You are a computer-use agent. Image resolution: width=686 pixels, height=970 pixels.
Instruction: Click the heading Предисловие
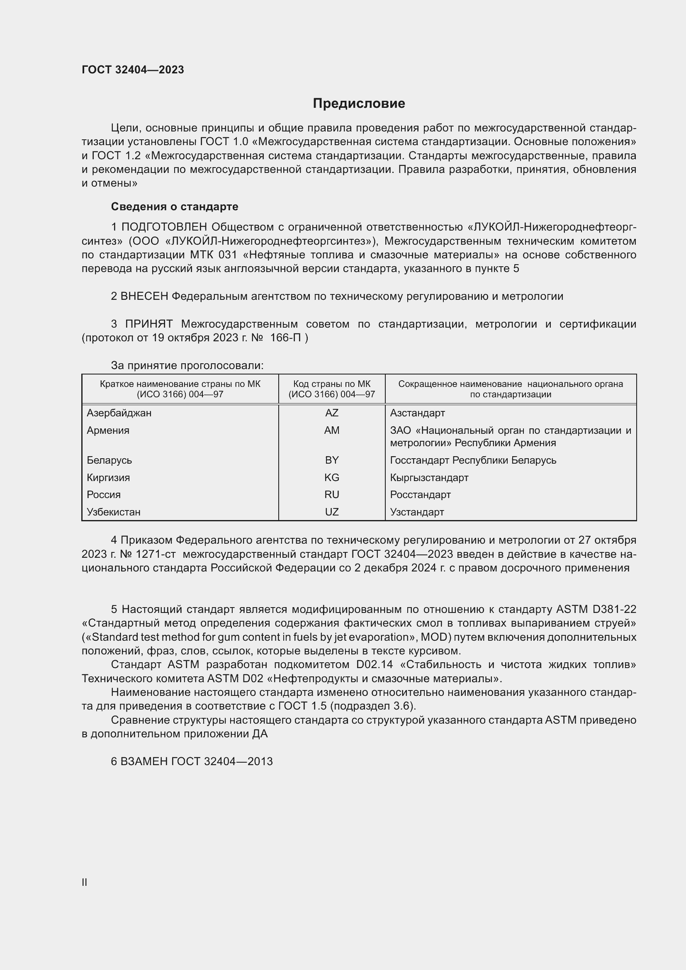(x=359, y=104)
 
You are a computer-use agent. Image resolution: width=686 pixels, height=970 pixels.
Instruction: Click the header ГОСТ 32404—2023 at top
(x=133, y=70)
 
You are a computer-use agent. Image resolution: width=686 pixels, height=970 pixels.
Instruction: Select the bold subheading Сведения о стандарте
(x=175, y=207)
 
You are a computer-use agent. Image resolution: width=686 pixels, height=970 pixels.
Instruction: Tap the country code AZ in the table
(x=332, y=413)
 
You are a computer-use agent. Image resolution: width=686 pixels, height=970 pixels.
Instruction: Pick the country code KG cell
(x=332, y=477)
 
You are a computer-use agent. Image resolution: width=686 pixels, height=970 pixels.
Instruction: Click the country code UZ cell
(x=332, y=512)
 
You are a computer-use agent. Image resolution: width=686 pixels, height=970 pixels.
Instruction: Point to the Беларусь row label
(x=109, y=460)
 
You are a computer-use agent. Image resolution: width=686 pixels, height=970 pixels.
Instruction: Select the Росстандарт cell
(x=420, y=494)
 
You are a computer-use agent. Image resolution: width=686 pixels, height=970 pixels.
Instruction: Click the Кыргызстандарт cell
(x=429, y=477)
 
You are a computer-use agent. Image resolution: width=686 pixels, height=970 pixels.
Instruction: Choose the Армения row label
(x=108, y=430)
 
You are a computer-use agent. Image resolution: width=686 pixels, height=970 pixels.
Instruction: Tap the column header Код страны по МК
(x=332, y=389)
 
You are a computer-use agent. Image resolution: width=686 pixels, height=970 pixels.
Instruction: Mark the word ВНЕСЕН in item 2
(x=144, y=296)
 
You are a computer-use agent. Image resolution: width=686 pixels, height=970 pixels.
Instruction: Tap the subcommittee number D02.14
(x=374, y=664)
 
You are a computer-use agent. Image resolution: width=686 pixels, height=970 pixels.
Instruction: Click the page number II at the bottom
(x=85, y=882)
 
